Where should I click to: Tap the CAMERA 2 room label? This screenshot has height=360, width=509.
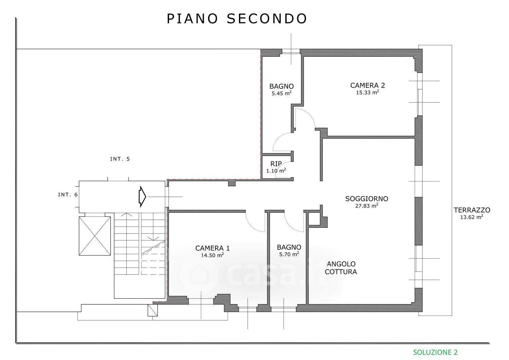point(367,86)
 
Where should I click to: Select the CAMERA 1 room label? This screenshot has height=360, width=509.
point(212,248)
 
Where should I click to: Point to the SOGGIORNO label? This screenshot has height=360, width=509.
point(367,198)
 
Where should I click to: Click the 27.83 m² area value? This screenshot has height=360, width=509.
point(367,206)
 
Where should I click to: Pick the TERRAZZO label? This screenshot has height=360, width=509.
point(472,210)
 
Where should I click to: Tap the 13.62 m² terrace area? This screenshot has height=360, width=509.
point(472,217)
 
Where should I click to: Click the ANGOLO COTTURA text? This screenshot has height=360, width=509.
point(341,268)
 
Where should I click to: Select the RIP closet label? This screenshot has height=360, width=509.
point(276,164)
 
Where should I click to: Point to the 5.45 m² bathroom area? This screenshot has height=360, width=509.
point(282,93)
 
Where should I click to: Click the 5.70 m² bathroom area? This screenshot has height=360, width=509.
point(289,254)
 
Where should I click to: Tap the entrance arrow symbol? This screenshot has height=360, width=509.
point(142,196)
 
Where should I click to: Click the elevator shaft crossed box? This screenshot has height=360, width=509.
point(95,236)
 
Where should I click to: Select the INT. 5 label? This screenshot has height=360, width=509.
point(120,159)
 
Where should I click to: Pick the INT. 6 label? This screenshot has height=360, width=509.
point(68,195)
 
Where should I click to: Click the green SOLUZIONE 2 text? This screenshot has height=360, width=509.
point(435,352)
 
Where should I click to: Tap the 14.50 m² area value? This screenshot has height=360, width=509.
point(212,255)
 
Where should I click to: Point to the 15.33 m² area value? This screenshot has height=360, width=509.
point(367,93)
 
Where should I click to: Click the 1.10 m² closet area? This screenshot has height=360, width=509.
point(276,171)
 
